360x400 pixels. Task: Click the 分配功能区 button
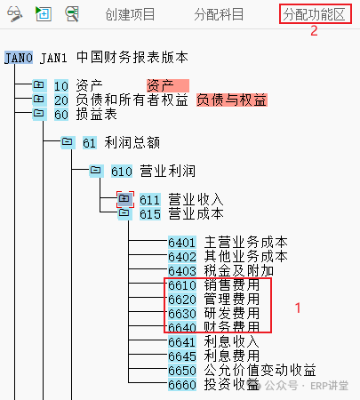click(315, 14)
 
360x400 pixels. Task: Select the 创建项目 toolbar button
click(130, 14)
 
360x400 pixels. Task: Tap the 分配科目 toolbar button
click(219, 14)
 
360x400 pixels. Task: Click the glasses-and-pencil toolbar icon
click(15, 14)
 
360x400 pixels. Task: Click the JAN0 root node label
click(19, 58)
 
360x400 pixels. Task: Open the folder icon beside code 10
click(39, 85)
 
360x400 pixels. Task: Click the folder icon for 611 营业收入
click(124, 199)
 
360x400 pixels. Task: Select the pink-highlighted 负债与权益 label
click(232, 100)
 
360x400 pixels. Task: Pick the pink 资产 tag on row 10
click(168, 86)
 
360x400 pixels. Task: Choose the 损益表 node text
click(97, 115)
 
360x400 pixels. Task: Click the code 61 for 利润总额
click(90, 143)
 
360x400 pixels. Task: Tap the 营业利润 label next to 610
click(168, 172)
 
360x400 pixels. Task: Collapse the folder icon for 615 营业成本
click(124, 213)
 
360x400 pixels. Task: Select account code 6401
click(182, 243)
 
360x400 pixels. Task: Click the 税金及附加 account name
click(239, 271)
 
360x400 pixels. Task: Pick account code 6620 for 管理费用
click(182, 300)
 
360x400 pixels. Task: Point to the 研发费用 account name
click(232, 314)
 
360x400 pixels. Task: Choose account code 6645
click(182, 356)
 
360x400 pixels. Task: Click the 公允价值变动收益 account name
click(260, 371)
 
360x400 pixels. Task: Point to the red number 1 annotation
click(298, 308)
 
